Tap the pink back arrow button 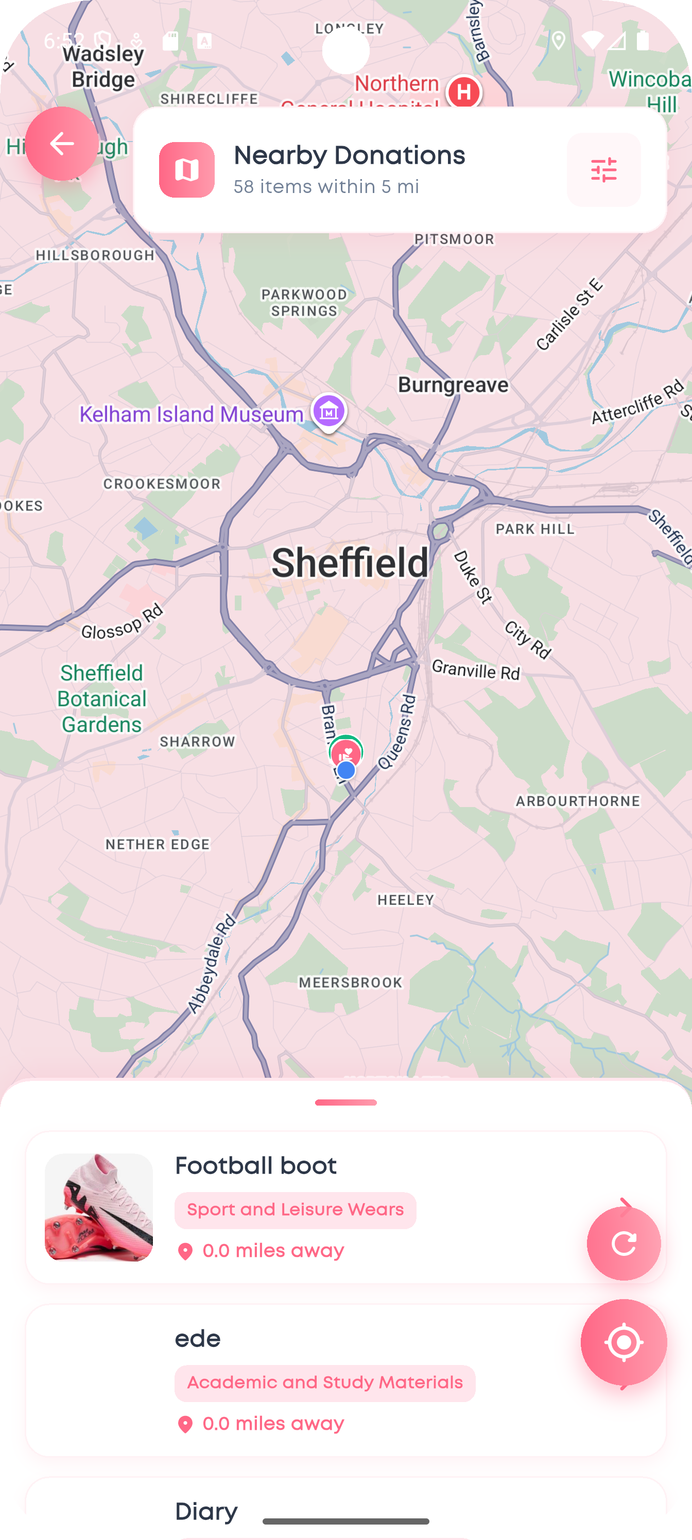click(62, 144)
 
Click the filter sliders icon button click(603, 170)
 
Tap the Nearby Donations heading click(349, 155)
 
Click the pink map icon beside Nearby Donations click(186, 170)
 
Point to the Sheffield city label click(350, 563)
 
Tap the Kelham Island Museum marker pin click(328, 411)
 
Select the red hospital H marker click(464, 92)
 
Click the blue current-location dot click(345, 771)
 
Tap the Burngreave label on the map click(454, 385)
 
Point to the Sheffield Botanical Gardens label click(101, 698)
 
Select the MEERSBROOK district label click(351, 982)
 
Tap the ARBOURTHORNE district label click(578, 801)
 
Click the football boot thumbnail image click(99, 1207)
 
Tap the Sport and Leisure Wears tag click(296, 1210)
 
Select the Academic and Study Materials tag click(325, 1383)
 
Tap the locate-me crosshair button click(623, 1342)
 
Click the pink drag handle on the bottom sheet click(345, 1102)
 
